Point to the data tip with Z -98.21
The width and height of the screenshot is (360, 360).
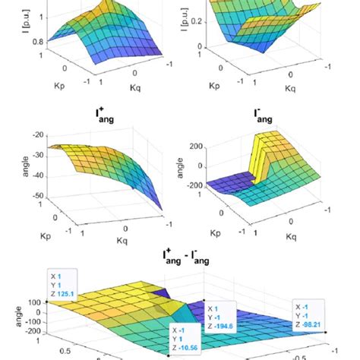pos(312,311)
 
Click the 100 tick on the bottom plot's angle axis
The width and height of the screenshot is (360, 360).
pos(34,301)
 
